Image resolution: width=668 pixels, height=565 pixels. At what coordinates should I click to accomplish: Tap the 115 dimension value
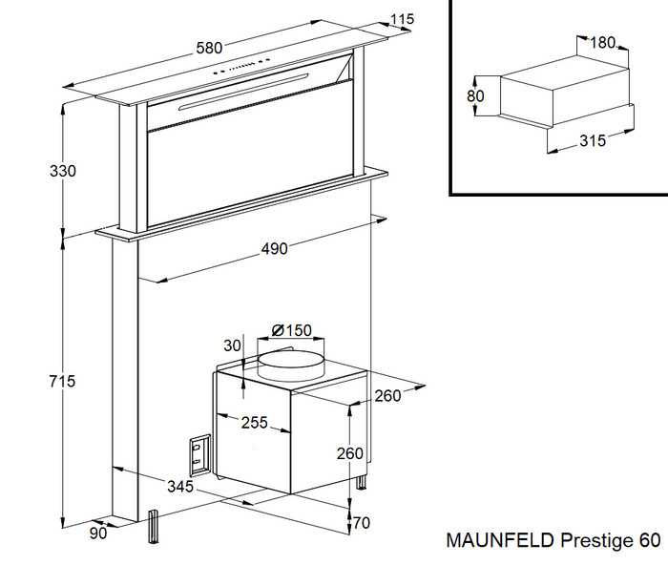403,20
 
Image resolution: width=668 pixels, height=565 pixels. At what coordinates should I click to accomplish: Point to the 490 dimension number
275,249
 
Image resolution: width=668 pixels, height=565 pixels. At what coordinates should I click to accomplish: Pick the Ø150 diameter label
291,330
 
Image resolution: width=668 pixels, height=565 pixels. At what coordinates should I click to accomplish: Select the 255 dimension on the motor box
254,423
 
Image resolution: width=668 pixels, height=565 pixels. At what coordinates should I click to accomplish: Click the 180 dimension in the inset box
602,43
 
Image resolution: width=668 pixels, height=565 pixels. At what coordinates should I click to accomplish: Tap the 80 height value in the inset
476,96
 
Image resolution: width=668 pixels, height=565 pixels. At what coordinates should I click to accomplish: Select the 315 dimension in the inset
593,141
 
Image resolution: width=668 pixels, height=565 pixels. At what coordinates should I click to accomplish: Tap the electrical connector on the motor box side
200,456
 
